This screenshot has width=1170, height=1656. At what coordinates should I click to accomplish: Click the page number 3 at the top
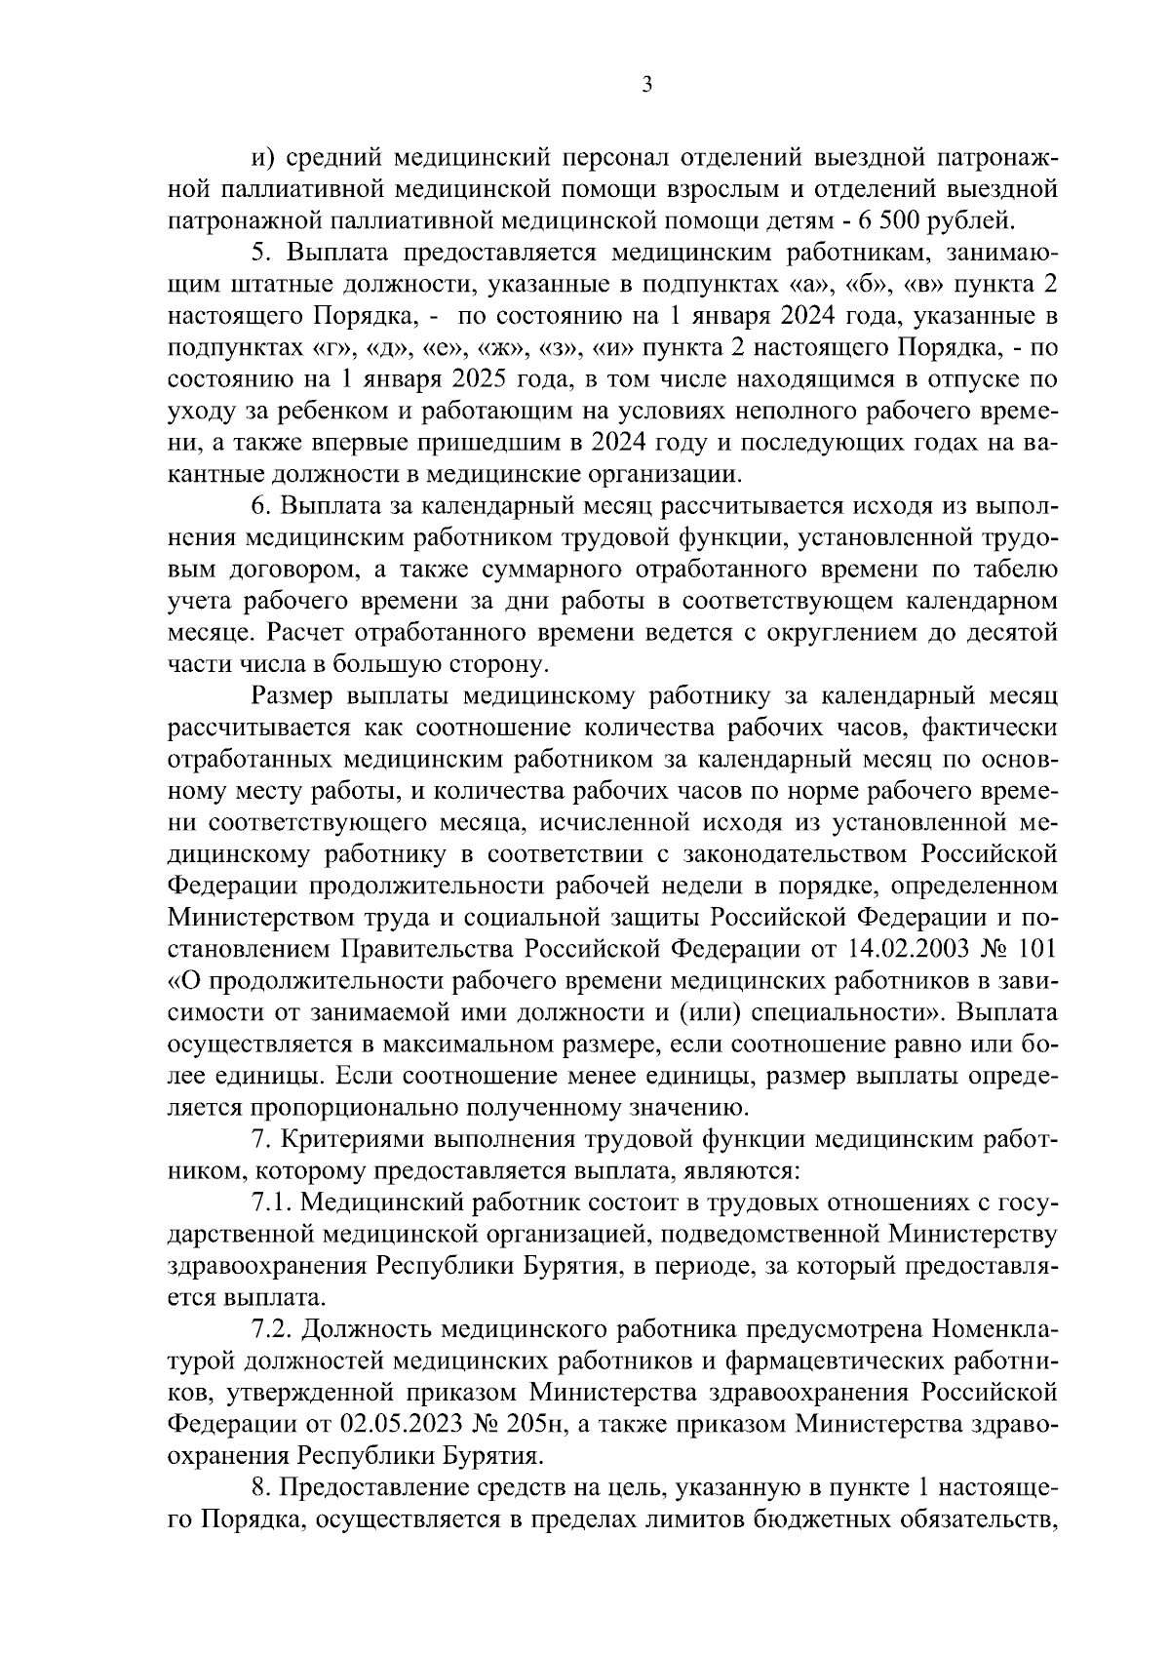pos(646,85)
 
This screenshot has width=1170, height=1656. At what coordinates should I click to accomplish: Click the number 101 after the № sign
pos(1036,950)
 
